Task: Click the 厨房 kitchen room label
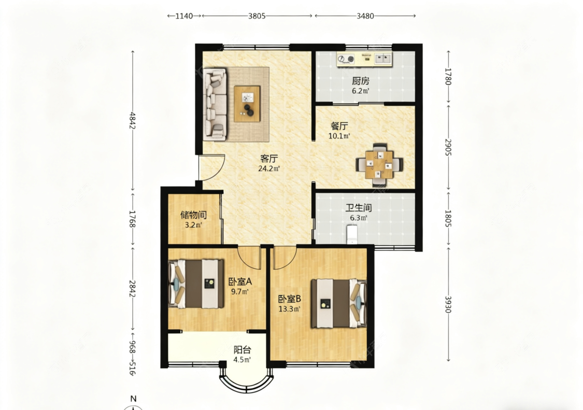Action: click(360, 81)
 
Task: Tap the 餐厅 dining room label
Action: click(339, 126)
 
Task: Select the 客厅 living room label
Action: click(269, 159)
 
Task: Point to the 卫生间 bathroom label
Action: click(359, 208)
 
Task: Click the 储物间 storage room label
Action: click(193, 215)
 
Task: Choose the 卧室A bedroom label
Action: click(240, 281)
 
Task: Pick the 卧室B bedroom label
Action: click(289, 299)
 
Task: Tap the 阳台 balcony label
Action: click(242, 350)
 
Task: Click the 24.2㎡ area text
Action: click(269, 168)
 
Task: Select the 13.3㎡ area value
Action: click(289, 309)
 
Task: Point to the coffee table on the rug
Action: click(247, 104)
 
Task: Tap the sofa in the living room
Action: click(215, 104)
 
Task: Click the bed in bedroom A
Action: click(196, 284)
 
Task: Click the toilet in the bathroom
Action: click(352, 234)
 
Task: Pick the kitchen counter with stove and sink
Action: click(364, 59)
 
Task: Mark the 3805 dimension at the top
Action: click(257, 16)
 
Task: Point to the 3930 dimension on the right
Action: click(448, 304)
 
